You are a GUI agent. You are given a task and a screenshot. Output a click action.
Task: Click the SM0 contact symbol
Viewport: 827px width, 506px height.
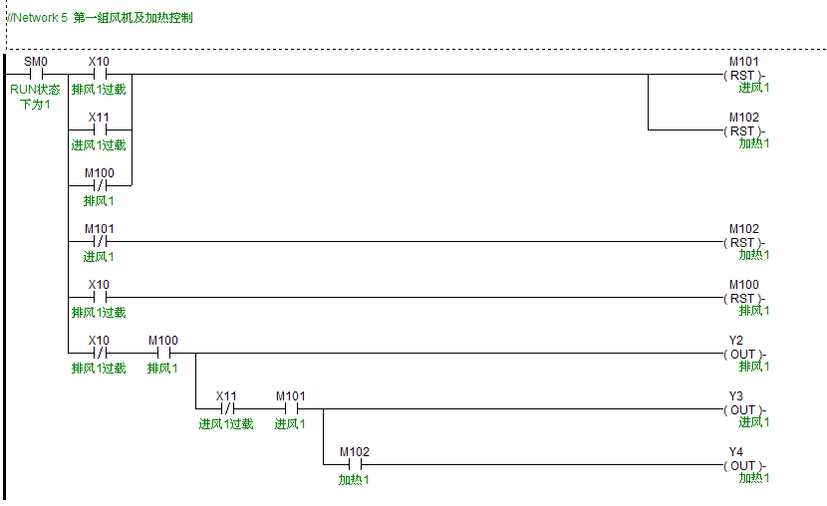[36, 74]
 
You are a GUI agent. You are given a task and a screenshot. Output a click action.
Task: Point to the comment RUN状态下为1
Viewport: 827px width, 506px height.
[36, 97]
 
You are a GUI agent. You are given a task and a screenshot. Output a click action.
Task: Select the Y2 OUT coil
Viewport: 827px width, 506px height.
[743, 354]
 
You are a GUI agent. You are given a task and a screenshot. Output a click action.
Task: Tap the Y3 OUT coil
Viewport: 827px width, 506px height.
[743, 409]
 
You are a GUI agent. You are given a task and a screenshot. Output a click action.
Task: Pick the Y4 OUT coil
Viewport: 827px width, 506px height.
[743, 465]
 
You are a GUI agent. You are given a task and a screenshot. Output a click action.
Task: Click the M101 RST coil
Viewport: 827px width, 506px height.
[743, 75]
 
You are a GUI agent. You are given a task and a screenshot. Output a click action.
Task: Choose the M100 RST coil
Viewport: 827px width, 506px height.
[743, 298]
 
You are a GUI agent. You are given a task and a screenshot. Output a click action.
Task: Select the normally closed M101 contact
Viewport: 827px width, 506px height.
[99, 241]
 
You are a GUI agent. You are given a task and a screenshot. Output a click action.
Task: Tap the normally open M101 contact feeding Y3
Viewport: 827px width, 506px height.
[290, 408]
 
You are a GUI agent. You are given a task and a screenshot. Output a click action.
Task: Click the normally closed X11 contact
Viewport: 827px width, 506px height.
[227, 408]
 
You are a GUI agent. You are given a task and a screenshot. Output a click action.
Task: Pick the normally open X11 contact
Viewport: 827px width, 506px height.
[99, 129]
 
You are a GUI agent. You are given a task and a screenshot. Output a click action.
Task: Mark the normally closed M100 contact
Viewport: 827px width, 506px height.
[99, 185]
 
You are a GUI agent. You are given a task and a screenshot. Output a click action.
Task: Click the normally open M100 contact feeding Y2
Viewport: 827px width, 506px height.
[162, 353]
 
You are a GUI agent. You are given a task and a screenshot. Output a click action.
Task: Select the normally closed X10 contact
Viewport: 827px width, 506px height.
[99, 353]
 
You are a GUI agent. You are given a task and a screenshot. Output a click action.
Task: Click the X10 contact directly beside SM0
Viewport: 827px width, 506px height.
[99, 74]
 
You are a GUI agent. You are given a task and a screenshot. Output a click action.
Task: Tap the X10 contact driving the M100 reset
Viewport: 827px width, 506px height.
[99, 297]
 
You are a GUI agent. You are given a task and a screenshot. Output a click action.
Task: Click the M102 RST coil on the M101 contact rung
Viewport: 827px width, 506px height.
[743, 242]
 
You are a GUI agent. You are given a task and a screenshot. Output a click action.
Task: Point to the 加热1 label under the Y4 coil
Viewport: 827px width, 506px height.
[754, 478]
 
